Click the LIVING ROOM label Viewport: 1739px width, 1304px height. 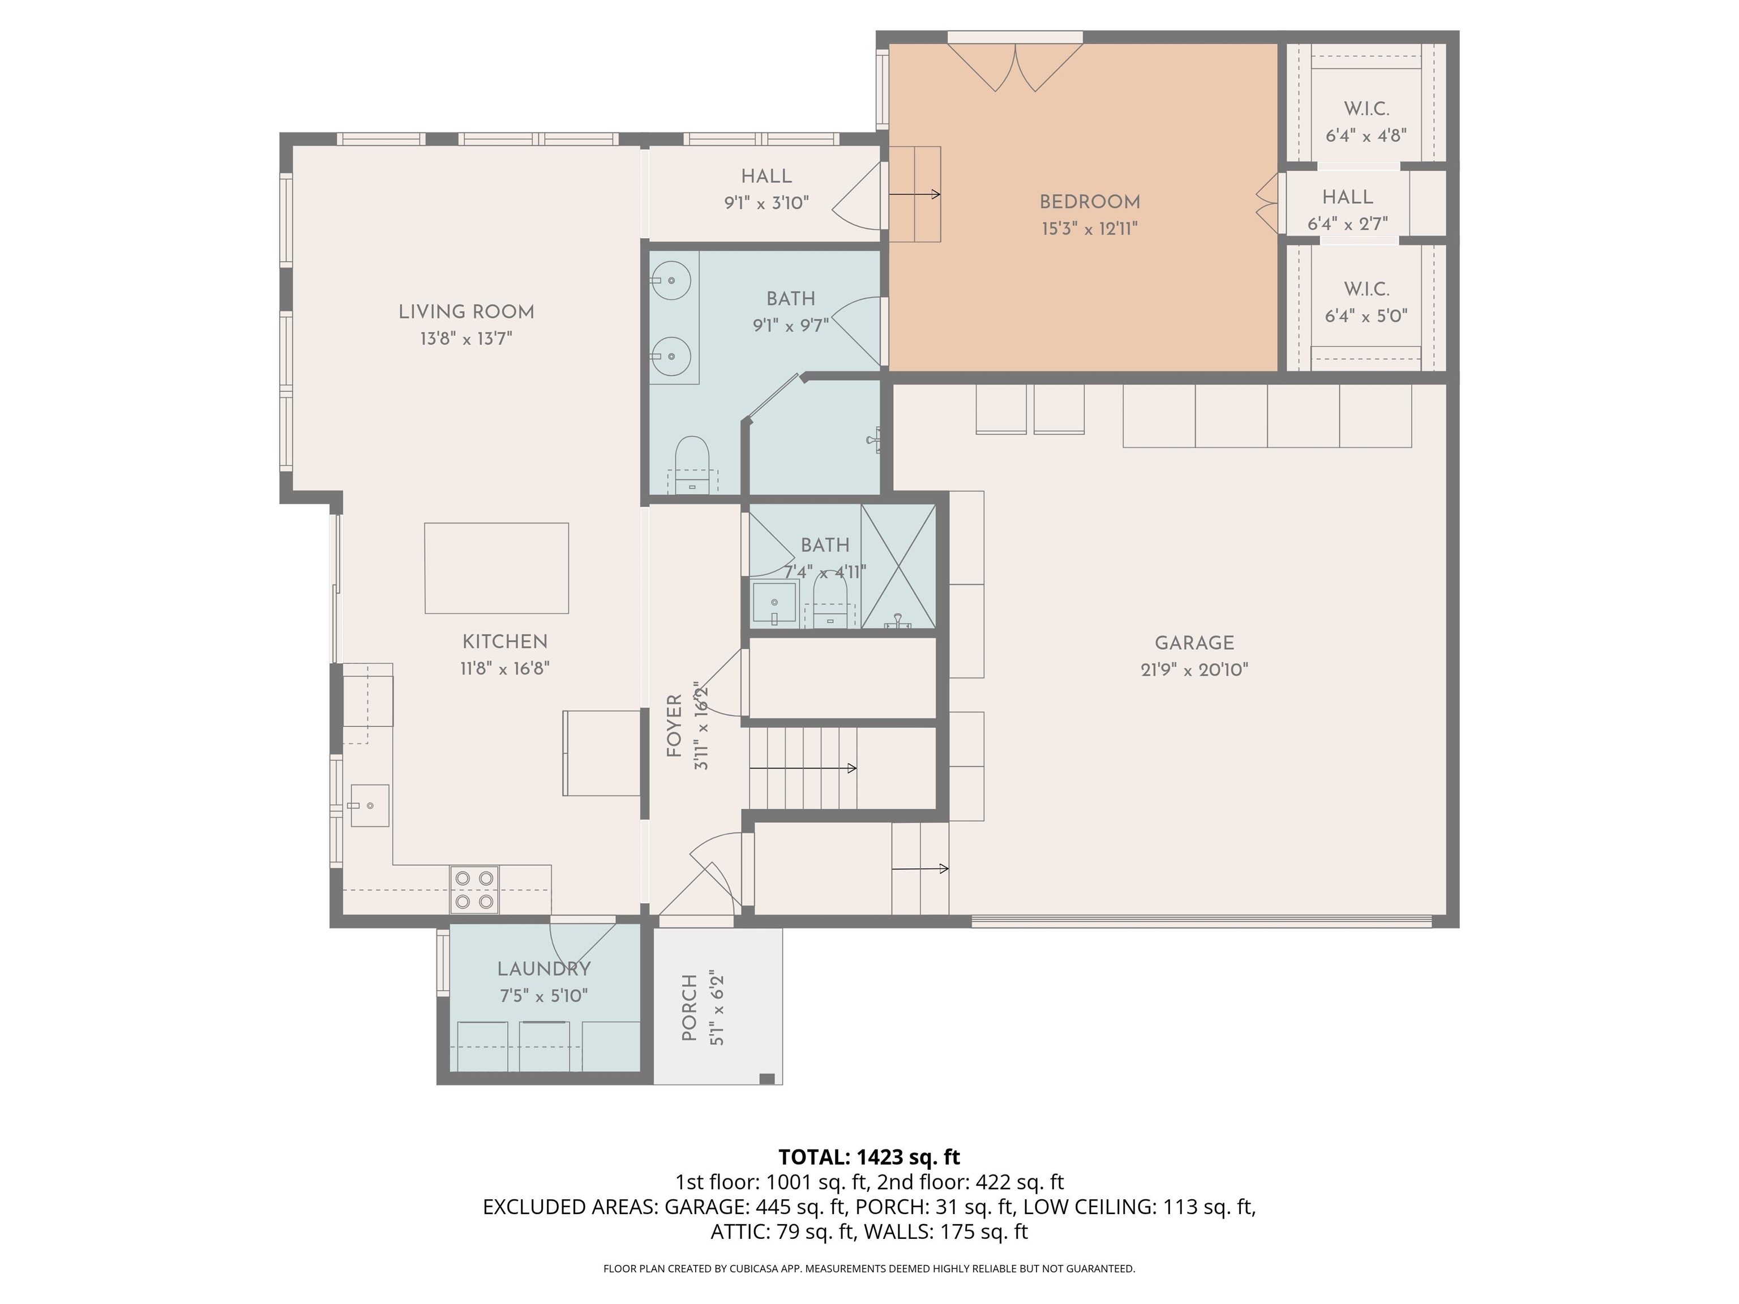point(466,312)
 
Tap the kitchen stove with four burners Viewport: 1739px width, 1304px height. point(474,890)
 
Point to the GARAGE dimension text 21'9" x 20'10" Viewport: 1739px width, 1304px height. point(1194,670)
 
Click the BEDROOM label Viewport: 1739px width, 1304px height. point(1090,202)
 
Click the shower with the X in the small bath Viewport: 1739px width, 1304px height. point(898,566)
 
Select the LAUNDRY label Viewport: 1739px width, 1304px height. point(544,969)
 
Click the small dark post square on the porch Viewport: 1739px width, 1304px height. point(767,1078)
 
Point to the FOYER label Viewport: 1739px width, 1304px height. point(674,726)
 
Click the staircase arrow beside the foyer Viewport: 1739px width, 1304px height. point(803,768)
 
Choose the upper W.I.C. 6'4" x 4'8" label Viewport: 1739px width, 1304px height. point(1367,122)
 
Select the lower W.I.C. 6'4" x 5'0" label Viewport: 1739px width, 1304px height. point(1367,303)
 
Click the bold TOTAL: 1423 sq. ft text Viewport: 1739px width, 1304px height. point(869,1157)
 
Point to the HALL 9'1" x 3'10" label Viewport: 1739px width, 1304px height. point(766,190)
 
